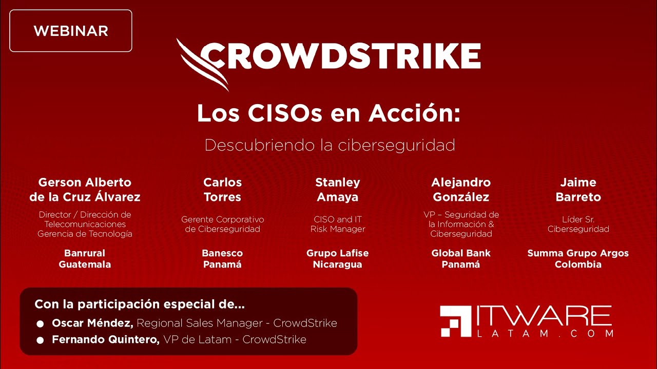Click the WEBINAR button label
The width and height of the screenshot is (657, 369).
click(x=71, y=31)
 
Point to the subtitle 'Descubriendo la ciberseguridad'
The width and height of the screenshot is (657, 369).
click(x=330, y=145)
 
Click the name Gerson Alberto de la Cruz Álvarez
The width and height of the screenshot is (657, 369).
click(x=85, y=190)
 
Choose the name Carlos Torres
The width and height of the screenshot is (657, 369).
click(x=222, y=190)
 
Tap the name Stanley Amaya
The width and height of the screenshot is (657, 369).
click(x=337, y=190)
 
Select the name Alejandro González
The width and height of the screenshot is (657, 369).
click(x=461, y=190)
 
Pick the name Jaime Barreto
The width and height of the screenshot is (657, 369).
click(x=578, y=190)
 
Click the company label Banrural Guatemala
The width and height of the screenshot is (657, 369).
click(x=85, y=259)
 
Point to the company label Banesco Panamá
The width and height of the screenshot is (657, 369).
click(x=222, y=259)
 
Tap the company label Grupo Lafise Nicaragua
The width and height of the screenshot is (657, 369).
click(x=337, y=259)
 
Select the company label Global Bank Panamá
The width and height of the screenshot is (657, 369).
click(x=461, y=259)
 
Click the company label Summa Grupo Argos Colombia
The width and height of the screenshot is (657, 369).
click(x=578, y=259)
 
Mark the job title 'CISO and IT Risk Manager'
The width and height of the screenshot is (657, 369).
click(x=337, y=224)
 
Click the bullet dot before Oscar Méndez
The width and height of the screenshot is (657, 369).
click(x=40, y=324)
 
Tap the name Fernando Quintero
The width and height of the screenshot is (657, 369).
click(x=105, y=339)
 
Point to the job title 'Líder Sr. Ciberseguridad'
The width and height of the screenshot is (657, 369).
click(x=578, y=224)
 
